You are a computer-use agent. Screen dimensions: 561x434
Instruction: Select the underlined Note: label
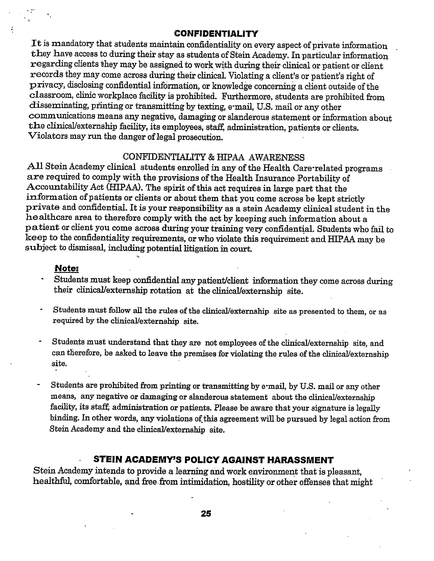(x=67, y=268)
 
